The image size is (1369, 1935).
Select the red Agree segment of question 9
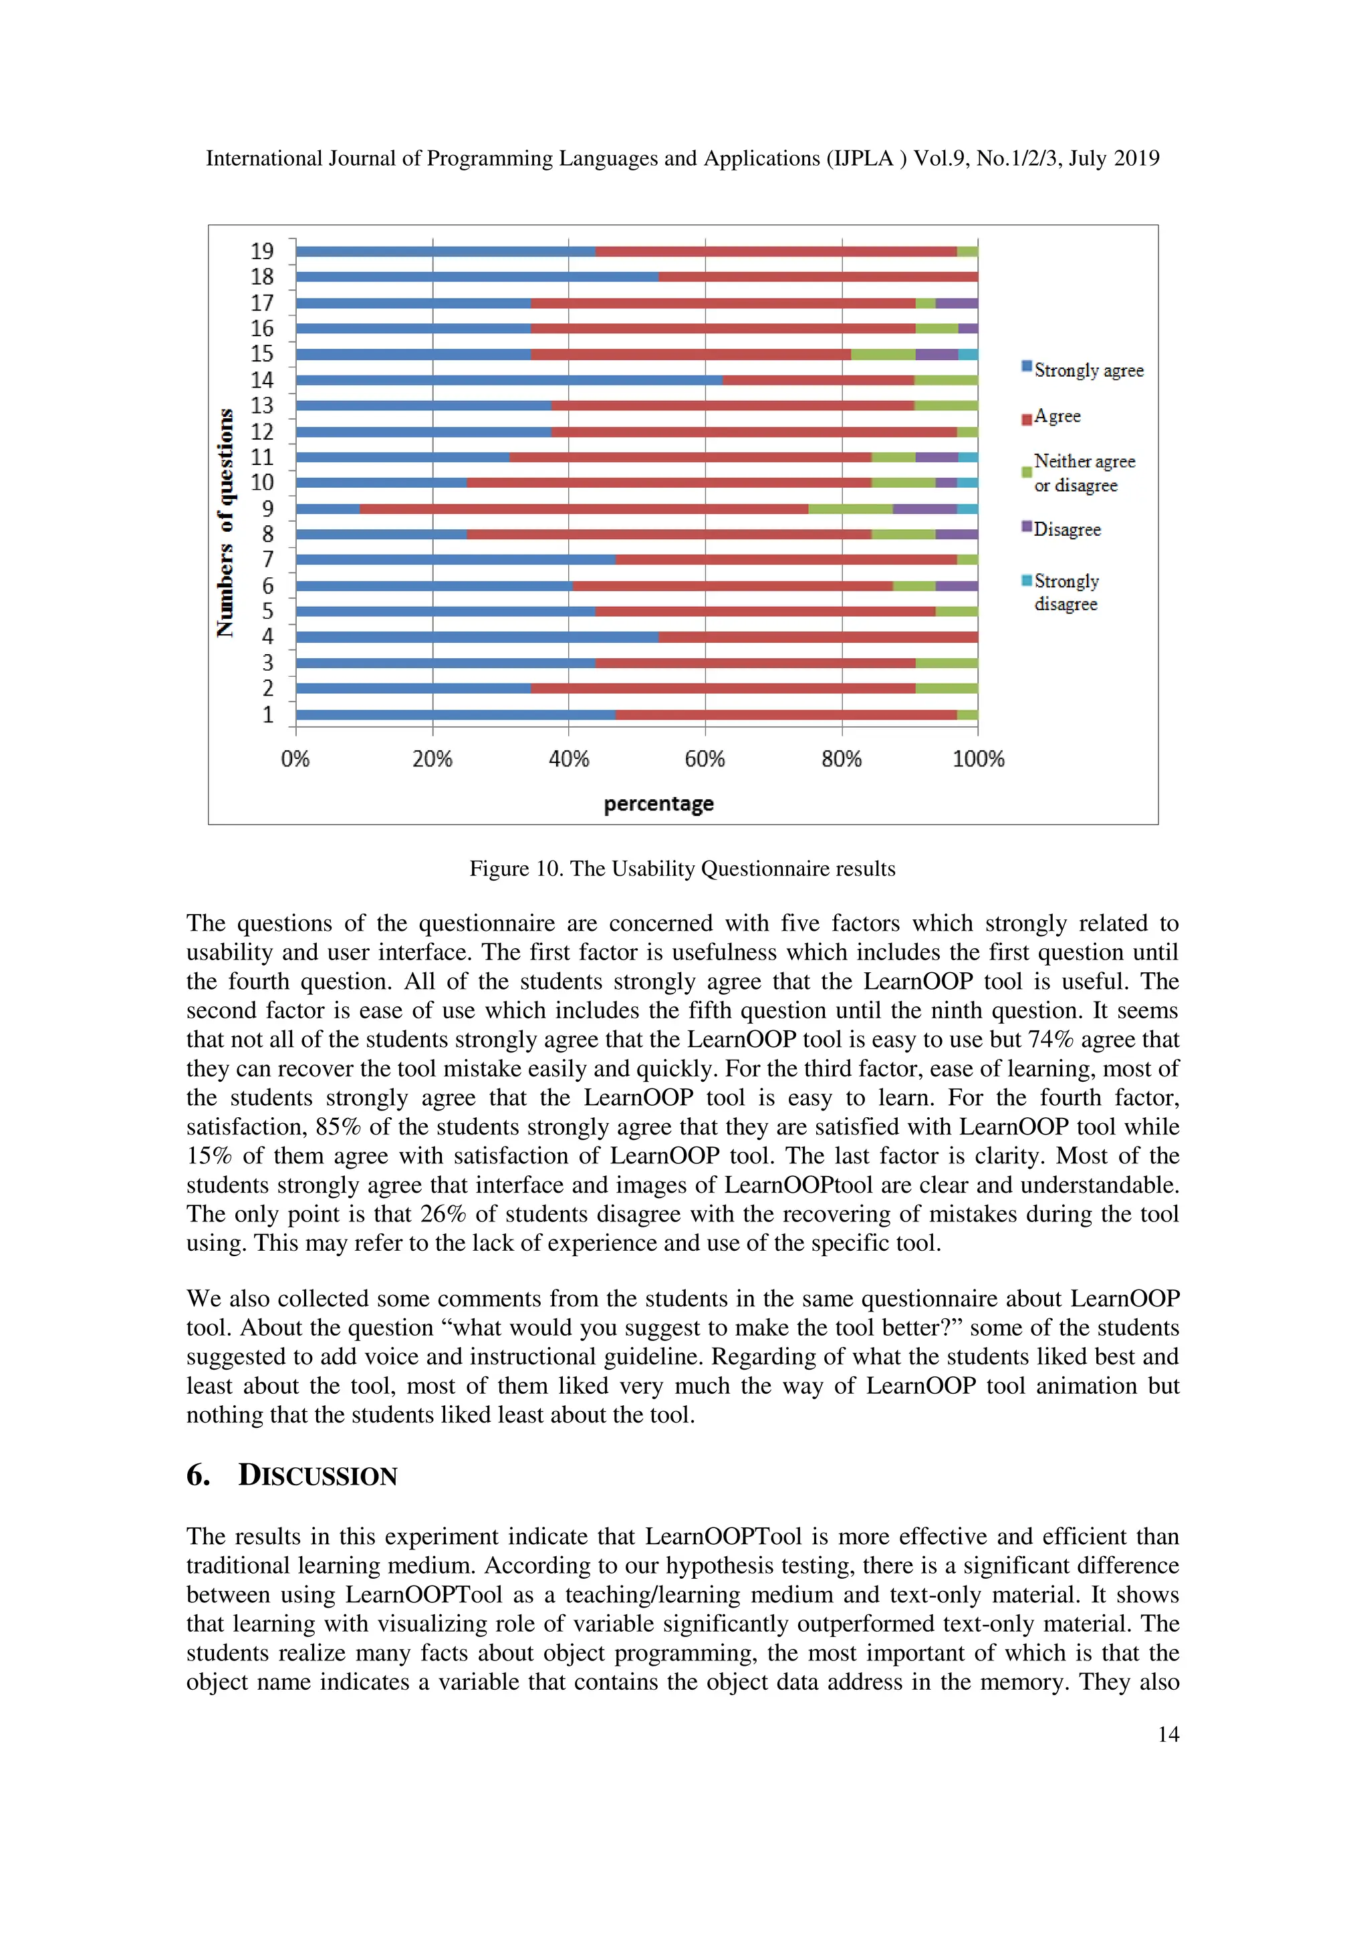584,509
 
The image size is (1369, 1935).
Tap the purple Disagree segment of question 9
924,509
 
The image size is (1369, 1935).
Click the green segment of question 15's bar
882,354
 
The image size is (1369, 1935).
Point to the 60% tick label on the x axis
705,759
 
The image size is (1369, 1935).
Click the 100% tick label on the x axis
978,759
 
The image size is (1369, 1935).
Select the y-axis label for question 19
262,251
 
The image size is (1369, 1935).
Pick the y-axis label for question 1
268,715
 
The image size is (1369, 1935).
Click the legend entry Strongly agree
1088,370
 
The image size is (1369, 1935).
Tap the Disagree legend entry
1066,529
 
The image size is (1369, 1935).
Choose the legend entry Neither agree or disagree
1082,473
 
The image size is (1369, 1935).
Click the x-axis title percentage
658,803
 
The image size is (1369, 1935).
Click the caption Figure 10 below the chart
682,869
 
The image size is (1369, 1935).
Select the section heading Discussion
317,1476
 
